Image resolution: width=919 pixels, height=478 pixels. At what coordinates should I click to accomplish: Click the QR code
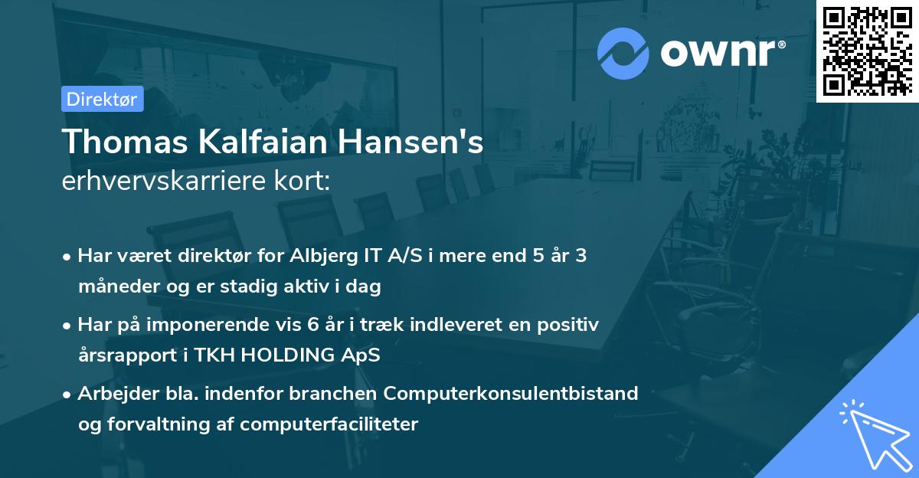pyautogui.click(x=868, y=51)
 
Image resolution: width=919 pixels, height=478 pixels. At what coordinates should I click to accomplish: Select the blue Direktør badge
pyautogui.click(x=102, y=99)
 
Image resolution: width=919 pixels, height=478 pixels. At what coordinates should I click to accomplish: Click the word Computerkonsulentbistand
pyautogui.click(x=511, y=394)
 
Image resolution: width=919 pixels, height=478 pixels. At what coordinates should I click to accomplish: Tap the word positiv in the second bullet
pyautogui.click(x=570, y=325)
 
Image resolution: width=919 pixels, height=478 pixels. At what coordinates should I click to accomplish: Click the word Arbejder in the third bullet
pyautogui.click(x=113, y=394)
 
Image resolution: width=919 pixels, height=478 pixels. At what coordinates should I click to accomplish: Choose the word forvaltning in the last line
pyautogui.click(x=146, y=424)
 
